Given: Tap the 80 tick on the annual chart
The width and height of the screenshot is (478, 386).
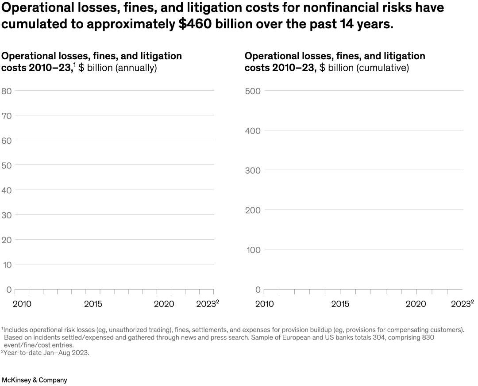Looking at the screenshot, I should (x=6, y=91).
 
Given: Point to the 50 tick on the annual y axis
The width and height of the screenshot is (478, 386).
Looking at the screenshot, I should (x=6, y=165).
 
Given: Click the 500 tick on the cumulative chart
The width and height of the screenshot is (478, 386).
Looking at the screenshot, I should (x=252, y=91).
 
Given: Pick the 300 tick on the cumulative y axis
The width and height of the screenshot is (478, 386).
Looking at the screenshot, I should (x=252, y=170).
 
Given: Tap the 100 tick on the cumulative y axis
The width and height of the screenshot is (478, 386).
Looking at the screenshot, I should (x=252, y=250).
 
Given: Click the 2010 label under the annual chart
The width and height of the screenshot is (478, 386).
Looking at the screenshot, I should (x=22, y=304).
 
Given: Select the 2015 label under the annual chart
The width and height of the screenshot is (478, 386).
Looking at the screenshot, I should (x=93, y=304).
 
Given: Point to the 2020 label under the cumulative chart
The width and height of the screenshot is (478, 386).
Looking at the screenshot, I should (x=416, y=304).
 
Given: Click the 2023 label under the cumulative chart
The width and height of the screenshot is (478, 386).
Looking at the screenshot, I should (x=461, y=304).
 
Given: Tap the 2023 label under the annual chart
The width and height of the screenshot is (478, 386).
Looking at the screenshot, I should (x=206, y=304).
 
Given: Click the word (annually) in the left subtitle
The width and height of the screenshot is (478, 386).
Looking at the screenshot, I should (x=136, y=68).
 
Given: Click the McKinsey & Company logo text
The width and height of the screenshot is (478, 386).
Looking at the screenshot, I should (x=35, y=380).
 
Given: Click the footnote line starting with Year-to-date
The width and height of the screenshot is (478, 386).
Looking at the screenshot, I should (x=46, y=353).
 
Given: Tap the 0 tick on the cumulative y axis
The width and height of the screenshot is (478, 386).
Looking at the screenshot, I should (x=258, y=290).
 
